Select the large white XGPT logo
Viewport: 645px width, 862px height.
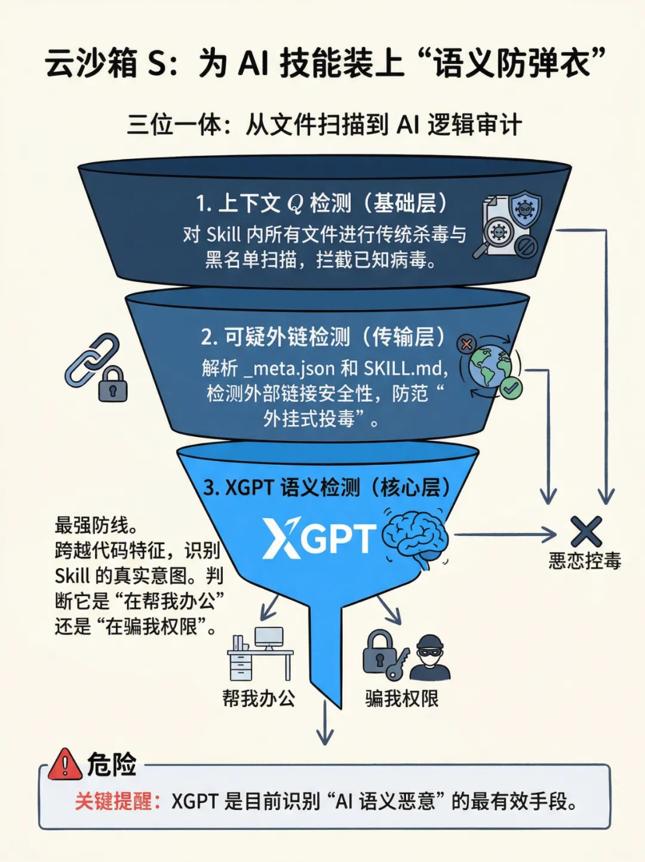point(320,538)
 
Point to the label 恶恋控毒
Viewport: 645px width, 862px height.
point(585,561)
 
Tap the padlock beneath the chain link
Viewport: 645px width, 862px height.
point(112,385)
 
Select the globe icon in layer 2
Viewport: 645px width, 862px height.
point(489,366)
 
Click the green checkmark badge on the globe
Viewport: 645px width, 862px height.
point(511,388)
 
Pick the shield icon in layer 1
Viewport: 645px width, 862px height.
point(526,209)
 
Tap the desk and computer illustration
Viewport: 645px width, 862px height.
point(261,654)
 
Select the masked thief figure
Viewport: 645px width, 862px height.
point(430,657)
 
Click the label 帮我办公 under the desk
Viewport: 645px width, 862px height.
point(259,698)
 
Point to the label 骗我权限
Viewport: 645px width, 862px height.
point(402,698)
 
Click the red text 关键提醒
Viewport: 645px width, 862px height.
point(113,801)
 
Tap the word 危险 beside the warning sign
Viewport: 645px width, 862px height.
point(112,765)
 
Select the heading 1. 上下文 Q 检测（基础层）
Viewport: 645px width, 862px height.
point(322,204)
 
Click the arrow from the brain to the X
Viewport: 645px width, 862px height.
point(505,535)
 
